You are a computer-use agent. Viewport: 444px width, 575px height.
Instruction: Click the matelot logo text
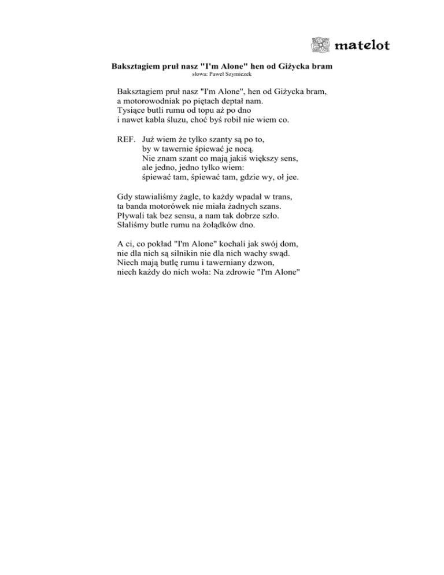[x=362, y=45]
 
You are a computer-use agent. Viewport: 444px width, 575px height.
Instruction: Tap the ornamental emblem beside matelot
[x=320, y=45]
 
